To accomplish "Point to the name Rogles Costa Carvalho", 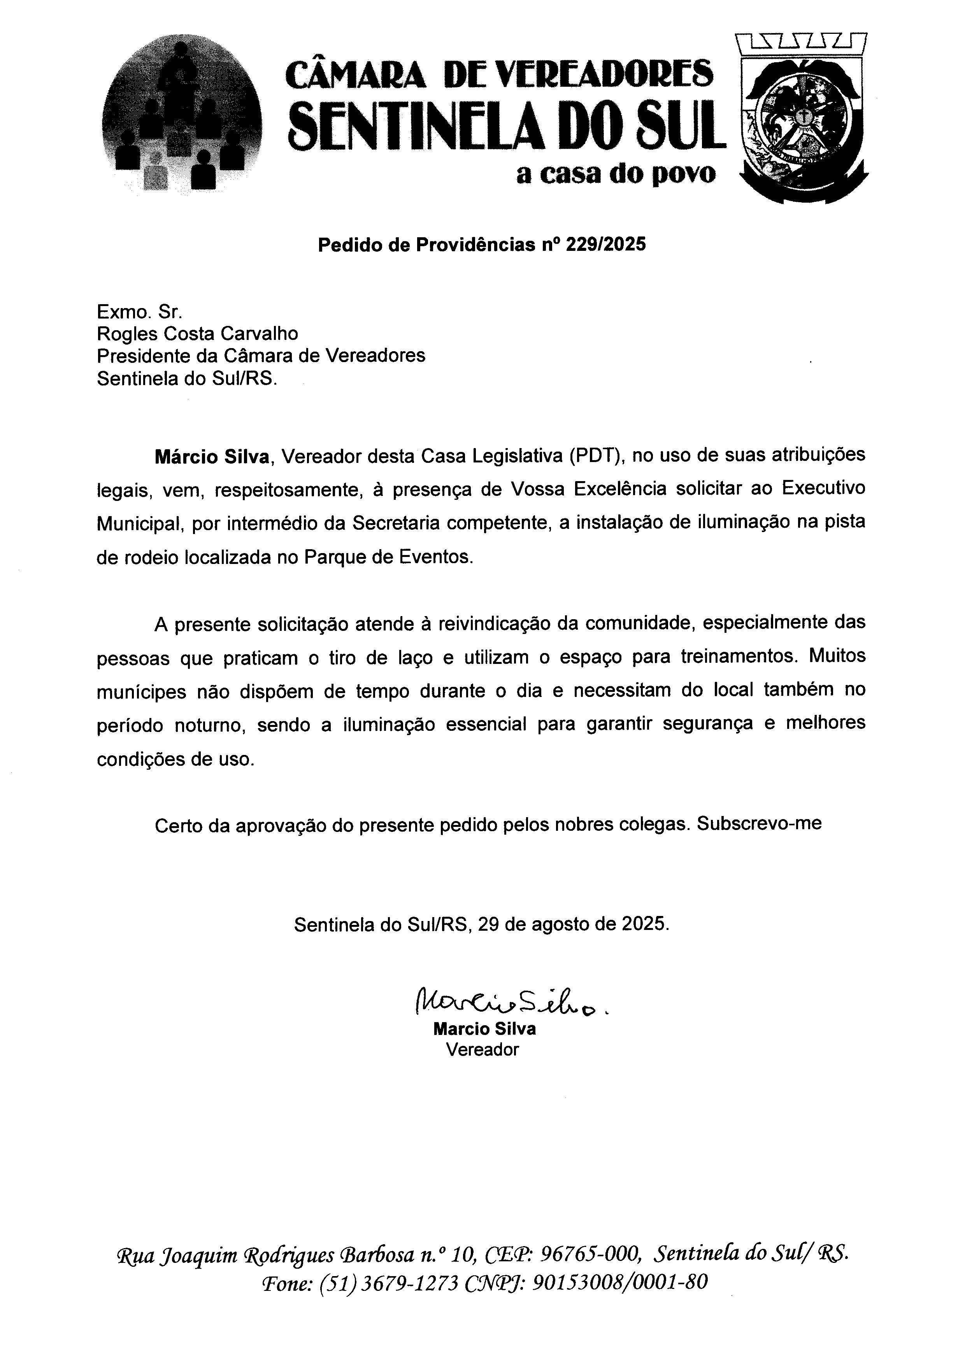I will pyautogui.click(x=197, y=333).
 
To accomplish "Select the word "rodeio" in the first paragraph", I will pyautogui.click(x=151, y=558).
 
